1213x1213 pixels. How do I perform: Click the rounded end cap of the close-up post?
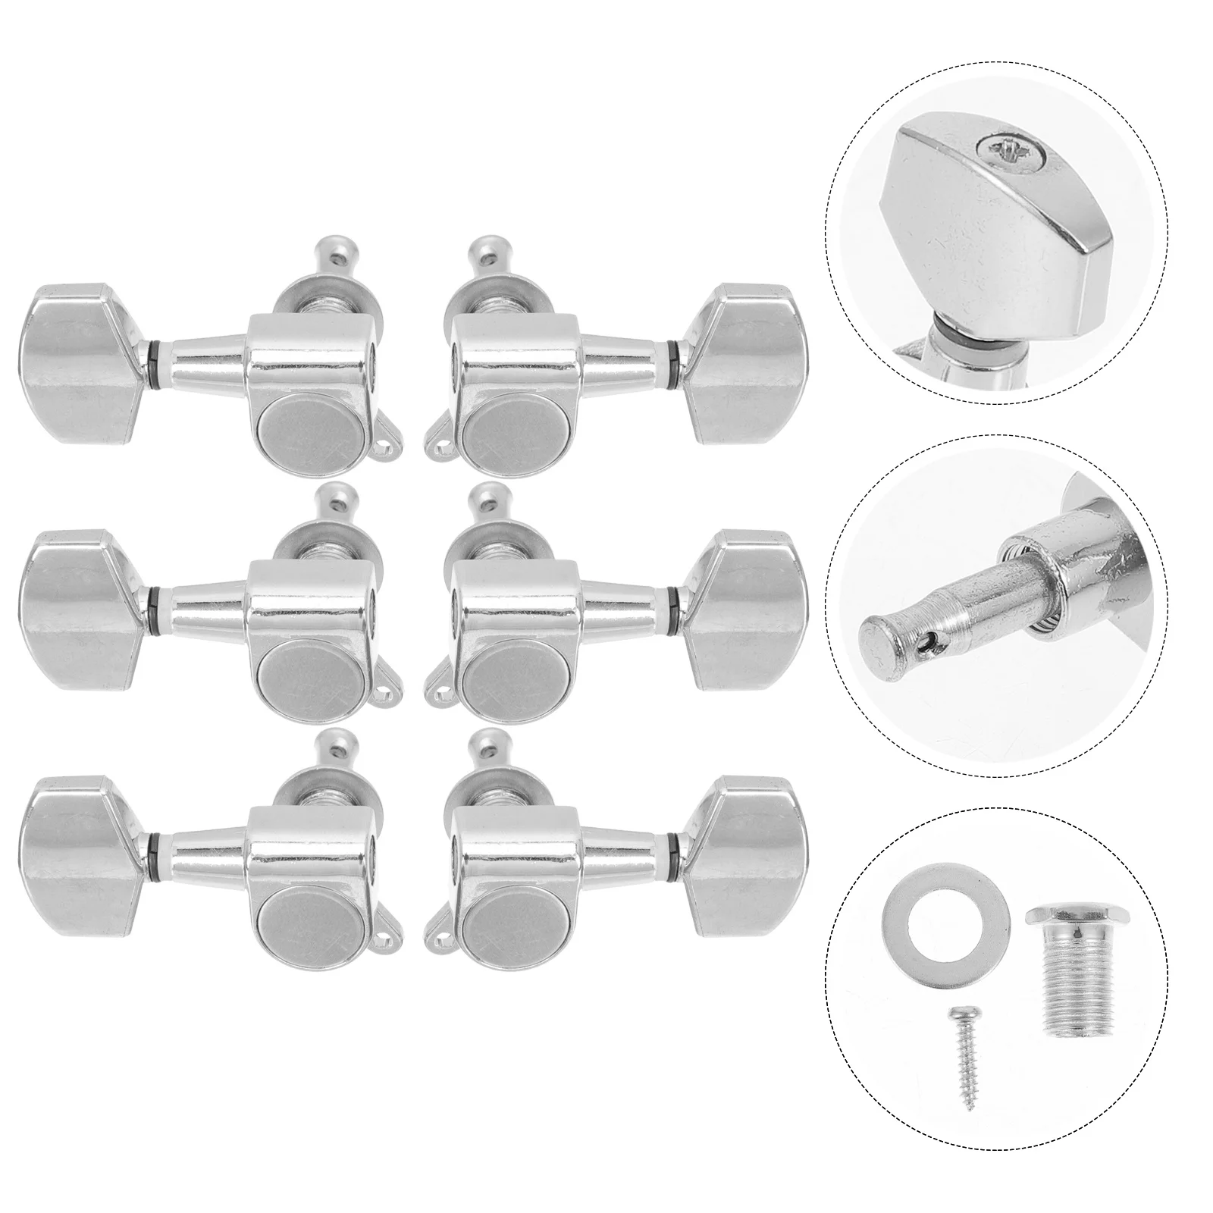(877, 630)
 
